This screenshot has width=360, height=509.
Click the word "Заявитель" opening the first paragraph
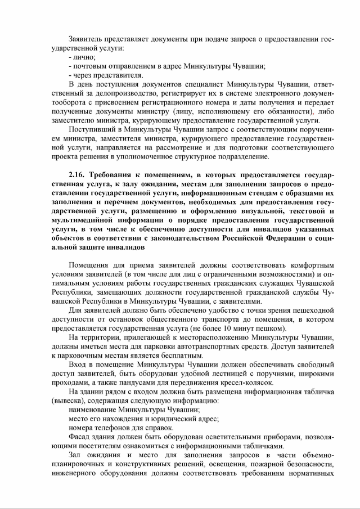point(87,39)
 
